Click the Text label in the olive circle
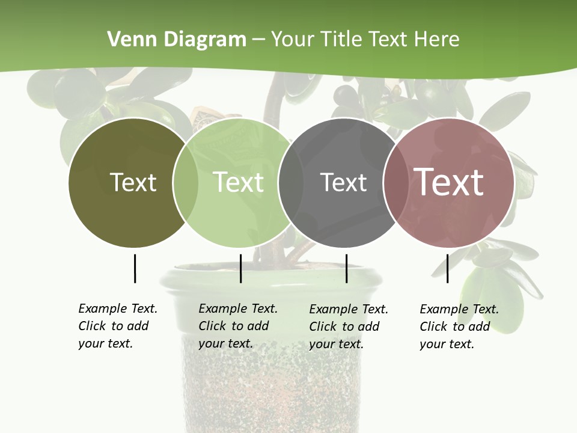click(x=133, y=182)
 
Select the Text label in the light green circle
click(x=239, y=182)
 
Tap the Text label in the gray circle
click(x=343, y=182)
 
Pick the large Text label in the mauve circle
click(x=448, y=182)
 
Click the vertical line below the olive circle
click(x=135, y=268)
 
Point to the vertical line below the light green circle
click(x=240, y=268)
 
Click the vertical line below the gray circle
click(x=346, y=268)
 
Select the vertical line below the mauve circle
click(x=447, y=268)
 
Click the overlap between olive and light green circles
click(x=186, y=183)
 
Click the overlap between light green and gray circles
click(x=291, y=183)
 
